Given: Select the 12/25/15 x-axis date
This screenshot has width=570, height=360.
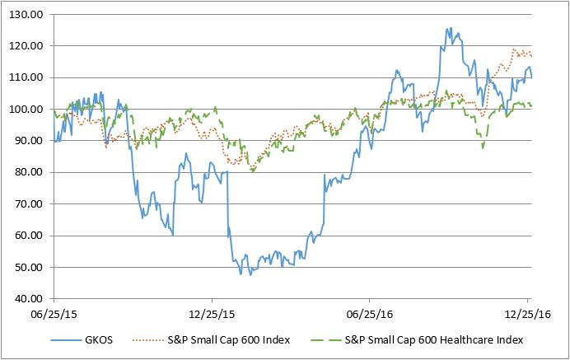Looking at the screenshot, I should click(x=212, y=314).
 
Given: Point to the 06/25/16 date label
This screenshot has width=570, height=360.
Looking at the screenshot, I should click(x=370, y=314).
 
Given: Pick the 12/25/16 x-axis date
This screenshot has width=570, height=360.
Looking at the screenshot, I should click(x=527, y=314).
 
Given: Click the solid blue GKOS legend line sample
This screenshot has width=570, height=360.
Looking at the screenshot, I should click(x=68, y=339).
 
